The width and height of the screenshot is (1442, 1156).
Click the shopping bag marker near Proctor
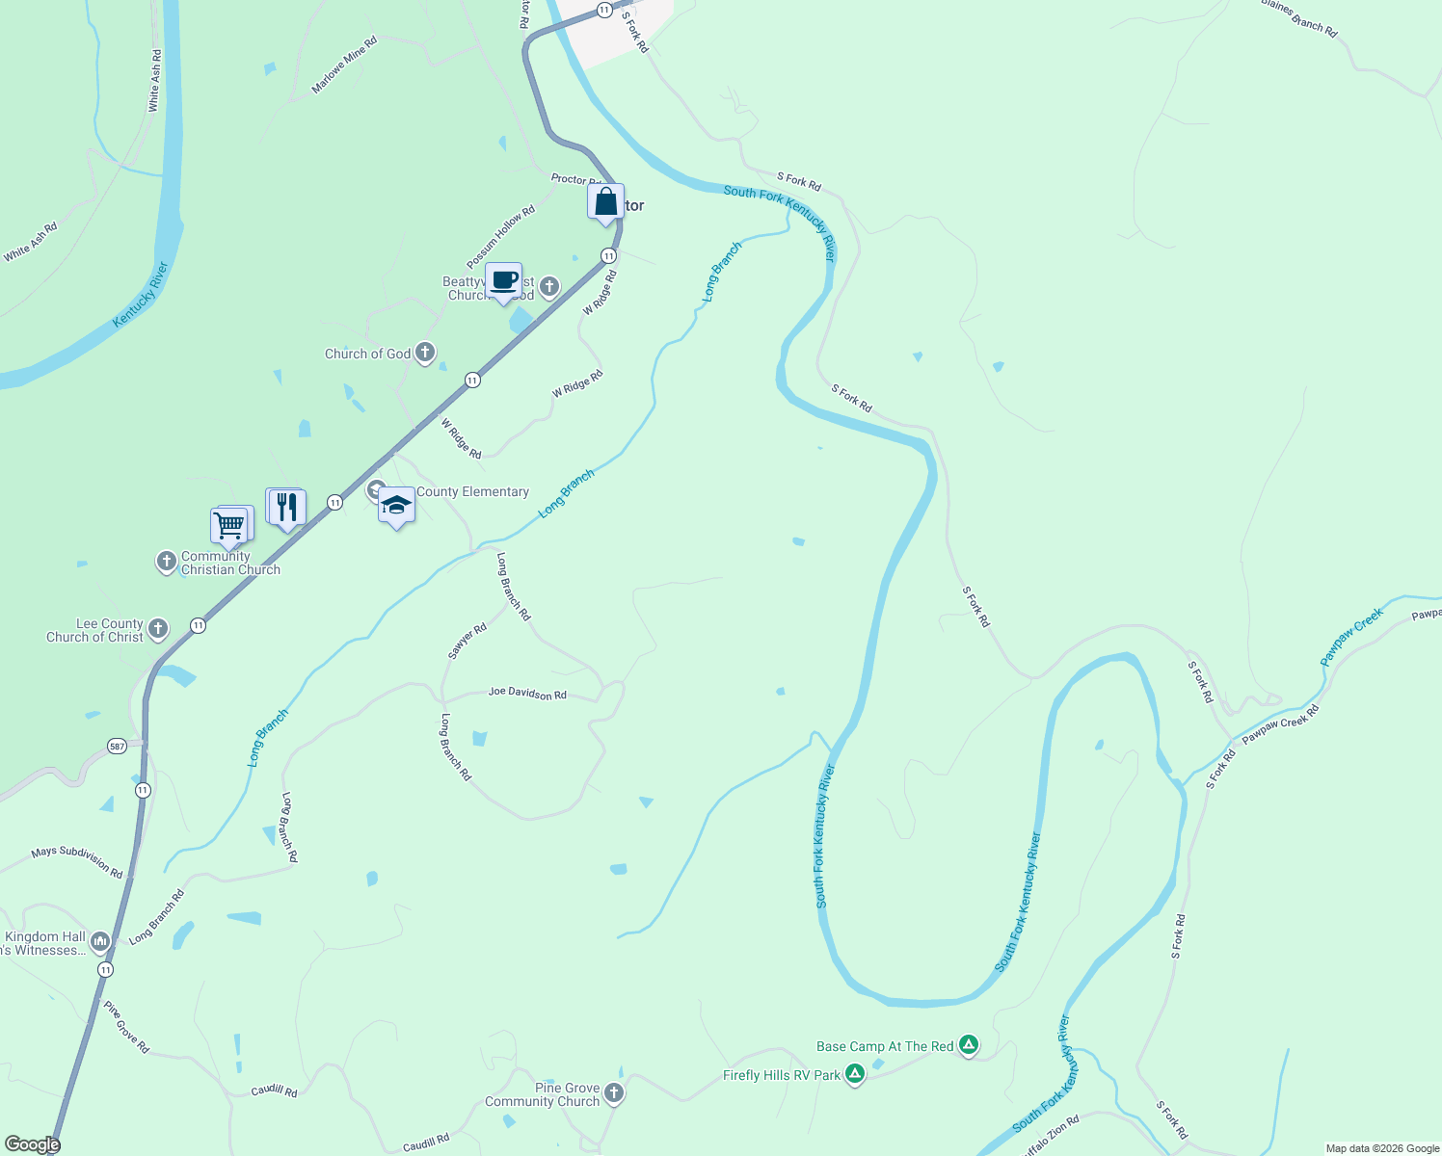pyautogui.click(x=605, y=202)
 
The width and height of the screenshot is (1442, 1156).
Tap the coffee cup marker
pyautogui.click(x=503, y=281)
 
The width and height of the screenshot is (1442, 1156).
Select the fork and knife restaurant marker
pyautogui.click(x=286, y=507)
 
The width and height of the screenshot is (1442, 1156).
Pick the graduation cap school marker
pyautogui.click(x=396, y=506)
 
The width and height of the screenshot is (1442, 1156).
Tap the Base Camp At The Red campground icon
pyautogui.click(x=969, y=1045)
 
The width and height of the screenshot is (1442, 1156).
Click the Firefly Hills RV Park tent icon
pyautogui.click(x=854, y=1074)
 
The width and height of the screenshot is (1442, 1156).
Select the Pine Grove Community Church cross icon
pyautogui.click(x=614, y=1093)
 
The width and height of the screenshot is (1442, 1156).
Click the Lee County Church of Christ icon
pyautogui.click(x=158, y=630)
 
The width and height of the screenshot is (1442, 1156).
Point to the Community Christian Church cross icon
pyautogui.click(x=166, y=562)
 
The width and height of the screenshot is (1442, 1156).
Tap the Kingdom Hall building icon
pyautogui.click(x=101, y=942)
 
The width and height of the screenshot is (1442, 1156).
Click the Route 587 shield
pyautogui.click(x=117, y=746)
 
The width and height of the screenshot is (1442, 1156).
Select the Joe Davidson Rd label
pyautogui.click(x=527, y=694)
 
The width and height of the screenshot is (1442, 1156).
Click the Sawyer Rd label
pyautogui.click(x=467, y=642)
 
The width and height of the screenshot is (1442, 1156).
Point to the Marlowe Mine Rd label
pyautogui.click(x=344, y=65)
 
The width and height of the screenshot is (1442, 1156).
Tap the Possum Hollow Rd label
pyautogui.click(x=500, y=238)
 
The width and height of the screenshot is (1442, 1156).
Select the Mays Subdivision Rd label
pyautogui.click(x=77, y=862)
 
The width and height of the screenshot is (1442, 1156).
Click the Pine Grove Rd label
pyautogui.click(x=127, y=1027)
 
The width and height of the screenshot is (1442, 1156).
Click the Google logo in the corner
pyautogui.click(x=32, y=1143)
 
